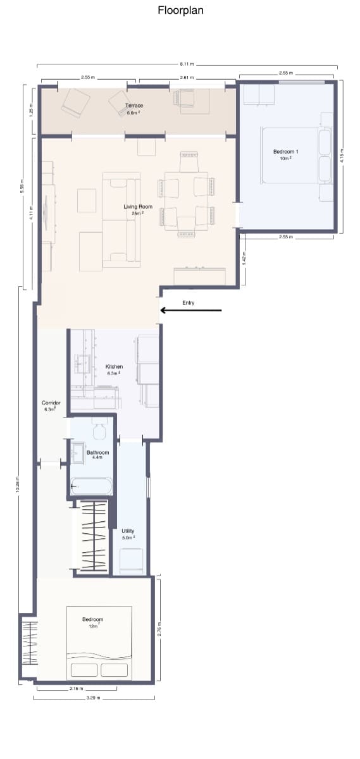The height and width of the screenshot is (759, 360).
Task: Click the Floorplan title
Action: [180, 11]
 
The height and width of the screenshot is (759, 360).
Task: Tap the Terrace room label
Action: [133, 106]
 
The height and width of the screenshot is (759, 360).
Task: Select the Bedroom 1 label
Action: [285, 152]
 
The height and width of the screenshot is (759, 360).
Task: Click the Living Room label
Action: [137, 207]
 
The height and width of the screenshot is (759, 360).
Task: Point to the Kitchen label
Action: [114, 367]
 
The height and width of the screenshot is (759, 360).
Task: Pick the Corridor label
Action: [51, 403]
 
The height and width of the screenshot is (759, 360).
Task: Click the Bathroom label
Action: [97, 452]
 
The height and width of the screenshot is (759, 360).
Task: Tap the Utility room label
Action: [128, 531]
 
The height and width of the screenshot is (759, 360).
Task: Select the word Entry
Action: [188, 303]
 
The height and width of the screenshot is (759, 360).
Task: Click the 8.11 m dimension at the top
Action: [187, 64]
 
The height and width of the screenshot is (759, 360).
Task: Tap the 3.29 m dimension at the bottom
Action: [94, 699]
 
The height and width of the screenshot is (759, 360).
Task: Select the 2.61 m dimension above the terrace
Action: [185, 77]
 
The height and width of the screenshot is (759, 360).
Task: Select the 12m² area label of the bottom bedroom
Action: [92, 626]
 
